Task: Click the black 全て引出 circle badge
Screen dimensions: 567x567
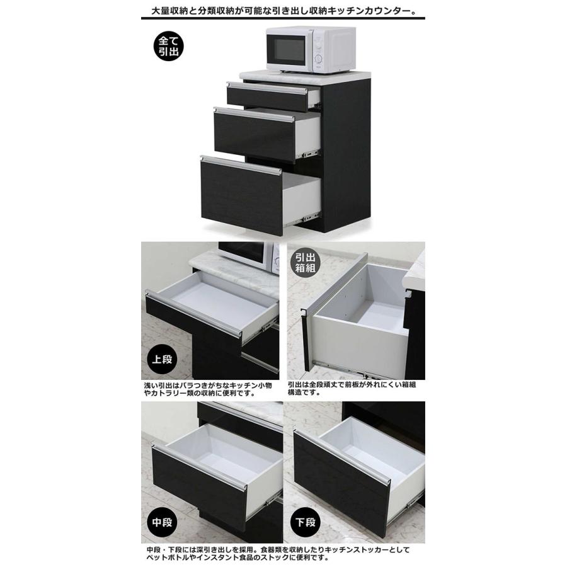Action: [168, 46]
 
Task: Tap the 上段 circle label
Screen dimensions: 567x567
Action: [162, 360]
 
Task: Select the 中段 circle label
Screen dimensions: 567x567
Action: [162, 522]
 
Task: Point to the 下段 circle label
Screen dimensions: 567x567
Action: [305, 522]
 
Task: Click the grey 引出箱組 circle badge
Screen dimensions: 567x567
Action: [306, 263]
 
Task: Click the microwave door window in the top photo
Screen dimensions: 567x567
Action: [289, 50]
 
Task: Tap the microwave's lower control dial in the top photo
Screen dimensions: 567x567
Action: [318, 59]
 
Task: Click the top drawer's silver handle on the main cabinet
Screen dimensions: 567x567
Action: [267, 88]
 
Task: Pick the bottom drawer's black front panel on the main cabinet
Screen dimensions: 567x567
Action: [241, 197]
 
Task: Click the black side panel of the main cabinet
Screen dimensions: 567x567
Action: [346, 156]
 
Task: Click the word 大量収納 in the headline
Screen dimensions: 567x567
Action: [168, 11]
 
